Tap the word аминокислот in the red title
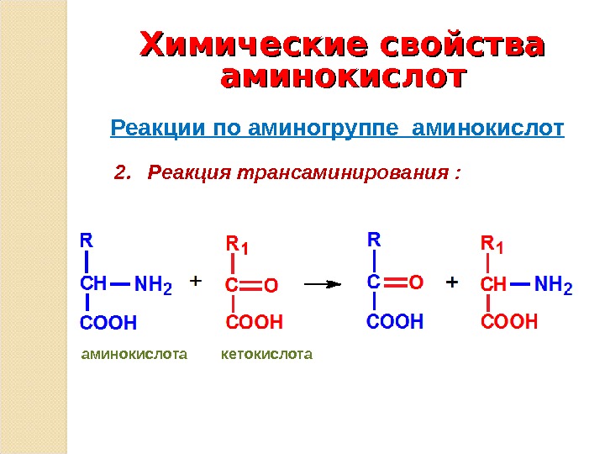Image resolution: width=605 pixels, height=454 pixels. [342, 78]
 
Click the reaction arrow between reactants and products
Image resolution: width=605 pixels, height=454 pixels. [322, 284]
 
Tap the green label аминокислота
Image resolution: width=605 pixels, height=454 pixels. [134, 355]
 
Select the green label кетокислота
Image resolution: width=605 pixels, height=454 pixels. [266, 355]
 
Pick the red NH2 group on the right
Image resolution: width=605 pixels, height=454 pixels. [553, 286]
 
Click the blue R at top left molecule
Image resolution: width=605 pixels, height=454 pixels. [86, 240]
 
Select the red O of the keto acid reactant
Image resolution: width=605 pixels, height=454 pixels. [271, 286]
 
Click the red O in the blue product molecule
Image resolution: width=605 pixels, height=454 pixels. [416, 282]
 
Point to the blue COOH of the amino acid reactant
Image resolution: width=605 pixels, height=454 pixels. [108, 322]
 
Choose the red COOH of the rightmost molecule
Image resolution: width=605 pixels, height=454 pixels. [509, 321]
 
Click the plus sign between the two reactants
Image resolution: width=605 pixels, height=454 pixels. [196, 280]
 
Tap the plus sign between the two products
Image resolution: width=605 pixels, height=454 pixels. [451, 282]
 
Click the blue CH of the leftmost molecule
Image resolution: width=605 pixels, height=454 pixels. [92, 285]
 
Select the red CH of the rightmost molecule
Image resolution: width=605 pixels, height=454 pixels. [493, 285]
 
